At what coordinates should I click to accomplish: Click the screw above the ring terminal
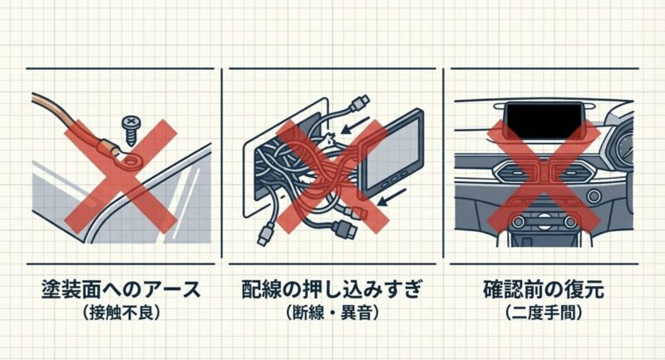tap(131, 126)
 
